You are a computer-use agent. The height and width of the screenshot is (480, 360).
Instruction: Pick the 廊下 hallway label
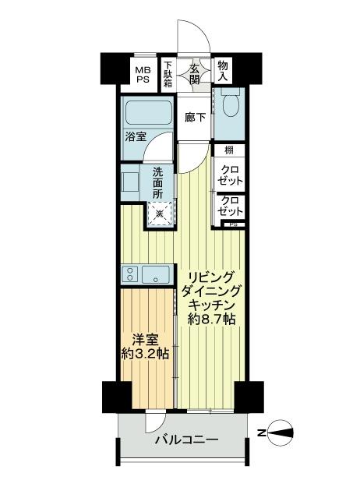(x=194, y=118)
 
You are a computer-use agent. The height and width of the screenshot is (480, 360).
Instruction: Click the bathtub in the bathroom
(x=147, y=114)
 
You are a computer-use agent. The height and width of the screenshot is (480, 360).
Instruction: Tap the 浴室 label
(x=135, y=137)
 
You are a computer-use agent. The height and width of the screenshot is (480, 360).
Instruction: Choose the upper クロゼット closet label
(x=230, y=175)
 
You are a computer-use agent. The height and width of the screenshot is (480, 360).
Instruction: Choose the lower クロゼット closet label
(x=229, y=206)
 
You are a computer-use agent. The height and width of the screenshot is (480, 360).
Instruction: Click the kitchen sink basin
(x=158, y=274)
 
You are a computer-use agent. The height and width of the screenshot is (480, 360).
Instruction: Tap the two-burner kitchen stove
(x=130, y=274)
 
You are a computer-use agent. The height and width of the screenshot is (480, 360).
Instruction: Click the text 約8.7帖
(x=211, y=319)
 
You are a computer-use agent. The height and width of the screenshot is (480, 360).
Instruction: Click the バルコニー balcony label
(x=185, y=440)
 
